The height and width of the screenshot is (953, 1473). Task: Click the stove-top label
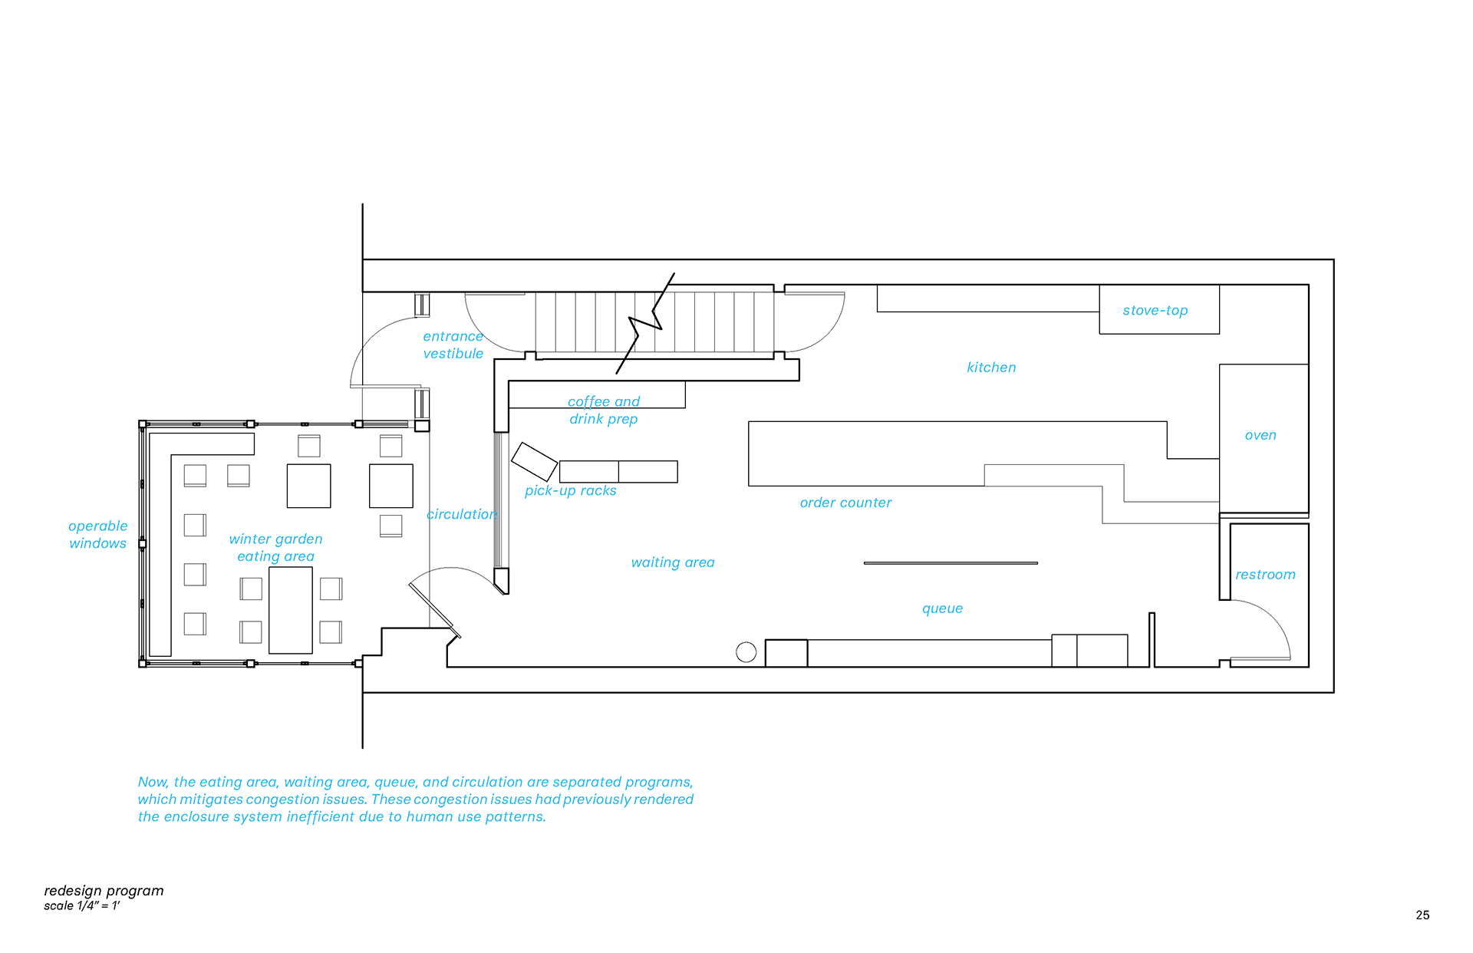(x=1155, y=311)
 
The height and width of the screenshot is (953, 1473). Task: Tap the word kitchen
(x=991, y=368)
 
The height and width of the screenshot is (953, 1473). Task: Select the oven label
(x=1260, y=435)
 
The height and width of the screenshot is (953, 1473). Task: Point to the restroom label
(x=1265, y=575)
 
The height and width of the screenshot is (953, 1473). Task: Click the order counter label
(x=845, y=503)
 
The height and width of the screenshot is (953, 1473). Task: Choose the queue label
(x=942, y=608)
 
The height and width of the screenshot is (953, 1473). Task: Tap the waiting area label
(x=673, y=562)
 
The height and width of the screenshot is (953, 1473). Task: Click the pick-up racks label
(x=570, y=490)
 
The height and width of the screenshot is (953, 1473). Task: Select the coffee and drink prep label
(x=604, y=411)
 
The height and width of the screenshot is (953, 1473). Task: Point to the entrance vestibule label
(x=453, y=345)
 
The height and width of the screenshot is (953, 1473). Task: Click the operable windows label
(x=97, y=535)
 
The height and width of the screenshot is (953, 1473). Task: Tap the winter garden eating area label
(x=275, y=548)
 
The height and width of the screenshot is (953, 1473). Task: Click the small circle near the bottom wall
(x=746, y=652)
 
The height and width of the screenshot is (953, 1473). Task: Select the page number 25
(x=1422, y=915)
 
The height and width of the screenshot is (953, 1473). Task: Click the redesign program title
(x=104, y=891)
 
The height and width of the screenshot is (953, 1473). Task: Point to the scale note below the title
(x=81, y=906)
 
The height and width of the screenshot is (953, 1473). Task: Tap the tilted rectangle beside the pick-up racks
(x=534, y=461)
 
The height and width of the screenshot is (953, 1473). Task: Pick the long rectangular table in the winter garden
(x=291, y=610)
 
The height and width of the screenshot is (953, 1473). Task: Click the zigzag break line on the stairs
(x=645, y=323)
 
